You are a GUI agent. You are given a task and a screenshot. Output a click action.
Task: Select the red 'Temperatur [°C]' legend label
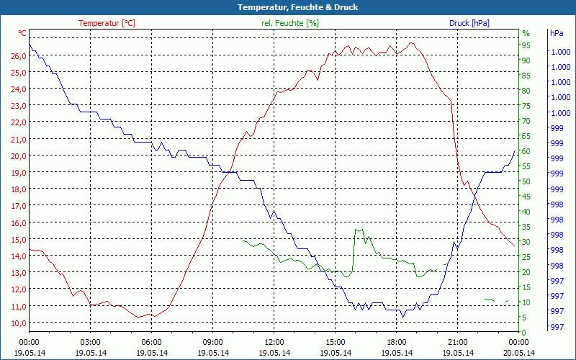point(107,23)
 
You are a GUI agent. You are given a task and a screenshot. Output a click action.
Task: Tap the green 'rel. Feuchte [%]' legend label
point(290,23)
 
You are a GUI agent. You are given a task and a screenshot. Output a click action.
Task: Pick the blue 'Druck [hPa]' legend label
point(469,23)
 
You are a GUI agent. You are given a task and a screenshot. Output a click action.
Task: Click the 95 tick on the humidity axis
point(526,45)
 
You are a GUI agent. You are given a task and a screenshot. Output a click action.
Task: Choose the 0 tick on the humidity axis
point(524,332)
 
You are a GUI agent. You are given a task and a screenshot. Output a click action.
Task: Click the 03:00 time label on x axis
point(90,342)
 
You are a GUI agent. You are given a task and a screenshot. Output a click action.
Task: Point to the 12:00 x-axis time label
point(274,342)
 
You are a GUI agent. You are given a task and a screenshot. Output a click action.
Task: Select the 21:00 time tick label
point(458,342)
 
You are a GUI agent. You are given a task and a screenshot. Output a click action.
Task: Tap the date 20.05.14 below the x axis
point(519,353)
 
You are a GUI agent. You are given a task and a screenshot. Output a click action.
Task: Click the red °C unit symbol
point(22,33)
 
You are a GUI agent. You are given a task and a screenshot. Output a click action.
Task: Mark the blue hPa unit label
point(557,33)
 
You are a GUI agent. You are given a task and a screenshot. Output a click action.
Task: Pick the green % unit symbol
point(526,33)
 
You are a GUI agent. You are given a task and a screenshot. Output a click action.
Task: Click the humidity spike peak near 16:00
point(356,230)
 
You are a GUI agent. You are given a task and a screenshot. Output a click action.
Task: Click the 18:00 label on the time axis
point(397,342)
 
